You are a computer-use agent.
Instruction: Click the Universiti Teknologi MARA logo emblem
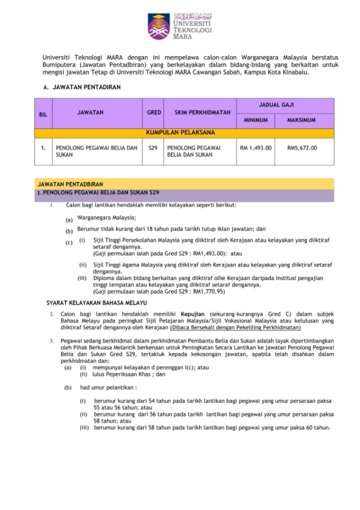pyautogui.click(x=158, y=26)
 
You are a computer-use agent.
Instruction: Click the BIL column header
pyautogui.click(x=43, y=115)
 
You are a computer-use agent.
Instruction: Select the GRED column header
pyautogui.click(x=154, y=113)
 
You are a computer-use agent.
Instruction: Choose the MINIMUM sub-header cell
pyautogui.click(x=255, y=121)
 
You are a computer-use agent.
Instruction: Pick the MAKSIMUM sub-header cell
pyautogui.click(x=302, y=121)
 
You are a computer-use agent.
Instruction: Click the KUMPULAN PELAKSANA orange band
pyautogui.click(x=184, y=133)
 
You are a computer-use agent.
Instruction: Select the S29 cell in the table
pyautogui.click(x=153, y=148)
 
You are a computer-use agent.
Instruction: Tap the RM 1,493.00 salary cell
pyautogui.click(x=255, y=148)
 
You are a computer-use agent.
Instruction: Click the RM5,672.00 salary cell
pyautogui.click(x=302, y=148)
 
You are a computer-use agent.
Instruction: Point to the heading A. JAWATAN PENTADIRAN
pyautogui.click(x=82, y=87)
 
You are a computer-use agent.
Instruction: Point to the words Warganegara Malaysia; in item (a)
pyautogui.click(x=107, y=218)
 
